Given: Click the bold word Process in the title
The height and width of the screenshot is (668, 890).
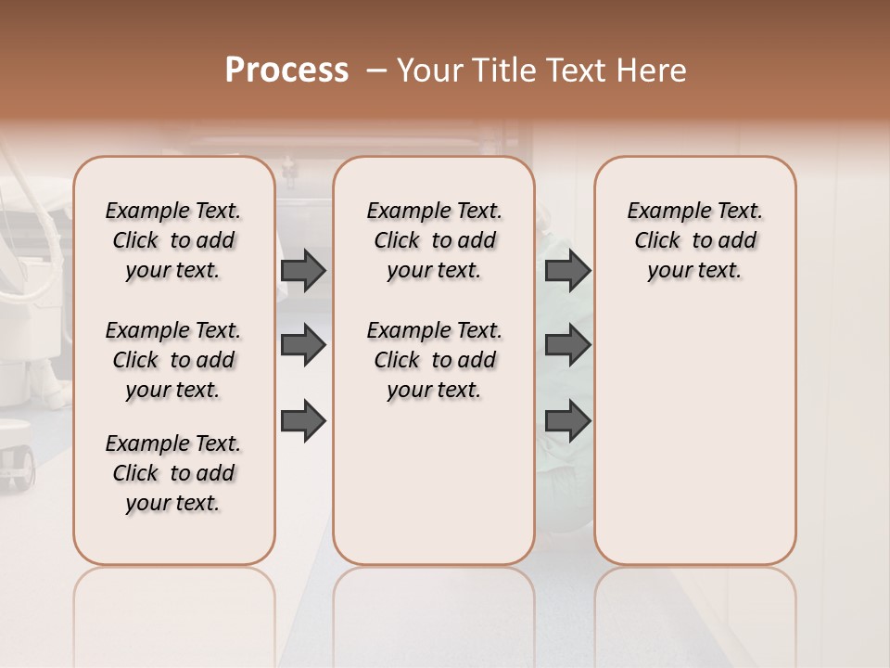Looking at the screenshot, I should pyautogui.click(x=286, y=71).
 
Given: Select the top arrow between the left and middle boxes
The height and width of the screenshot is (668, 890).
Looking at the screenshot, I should pyautogui.click(x=303, y=270).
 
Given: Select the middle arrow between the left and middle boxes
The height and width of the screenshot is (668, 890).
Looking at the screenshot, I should pyautogui.click(x=303, y=345).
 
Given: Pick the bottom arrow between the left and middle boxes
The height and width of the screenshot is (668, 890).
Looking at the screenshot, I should pyautogui.click(x=303, y=421).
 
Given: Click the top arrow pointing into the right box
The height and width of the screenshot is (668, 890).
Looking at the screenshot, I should pyautogui.click(x=567, y=270).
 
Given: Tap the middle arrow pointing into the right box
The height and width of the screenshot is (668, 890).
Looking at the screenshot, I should pyautogui.click(x=567, y=345).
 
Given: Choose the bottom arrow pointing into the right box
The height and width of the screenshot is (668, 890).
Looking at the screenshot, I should pyautogui.click(x=567, y=421).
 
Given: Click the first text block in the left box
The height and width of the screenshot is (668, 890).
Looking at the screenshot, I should pyautogui.click(x=173, y=240).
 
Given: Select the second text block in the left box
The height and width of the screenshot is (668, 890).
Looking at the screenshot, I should pyautogui.click(x=173, y=360).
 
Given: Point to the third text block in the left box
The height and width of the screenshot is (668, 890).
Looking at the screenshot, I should pyautogui.click(x=173, y=473).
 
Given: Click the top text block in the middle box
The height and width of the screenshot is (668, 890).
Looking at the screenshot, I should pyautogui.click(x=434, y=240).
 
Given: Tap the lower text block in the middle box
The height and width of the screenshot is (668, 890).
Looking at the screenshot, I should pyautogui.click(x=434, y=360).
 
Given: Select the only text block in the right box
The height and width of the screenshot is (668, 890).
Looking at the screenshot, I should pyautogui.click(x=694, y=240).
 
